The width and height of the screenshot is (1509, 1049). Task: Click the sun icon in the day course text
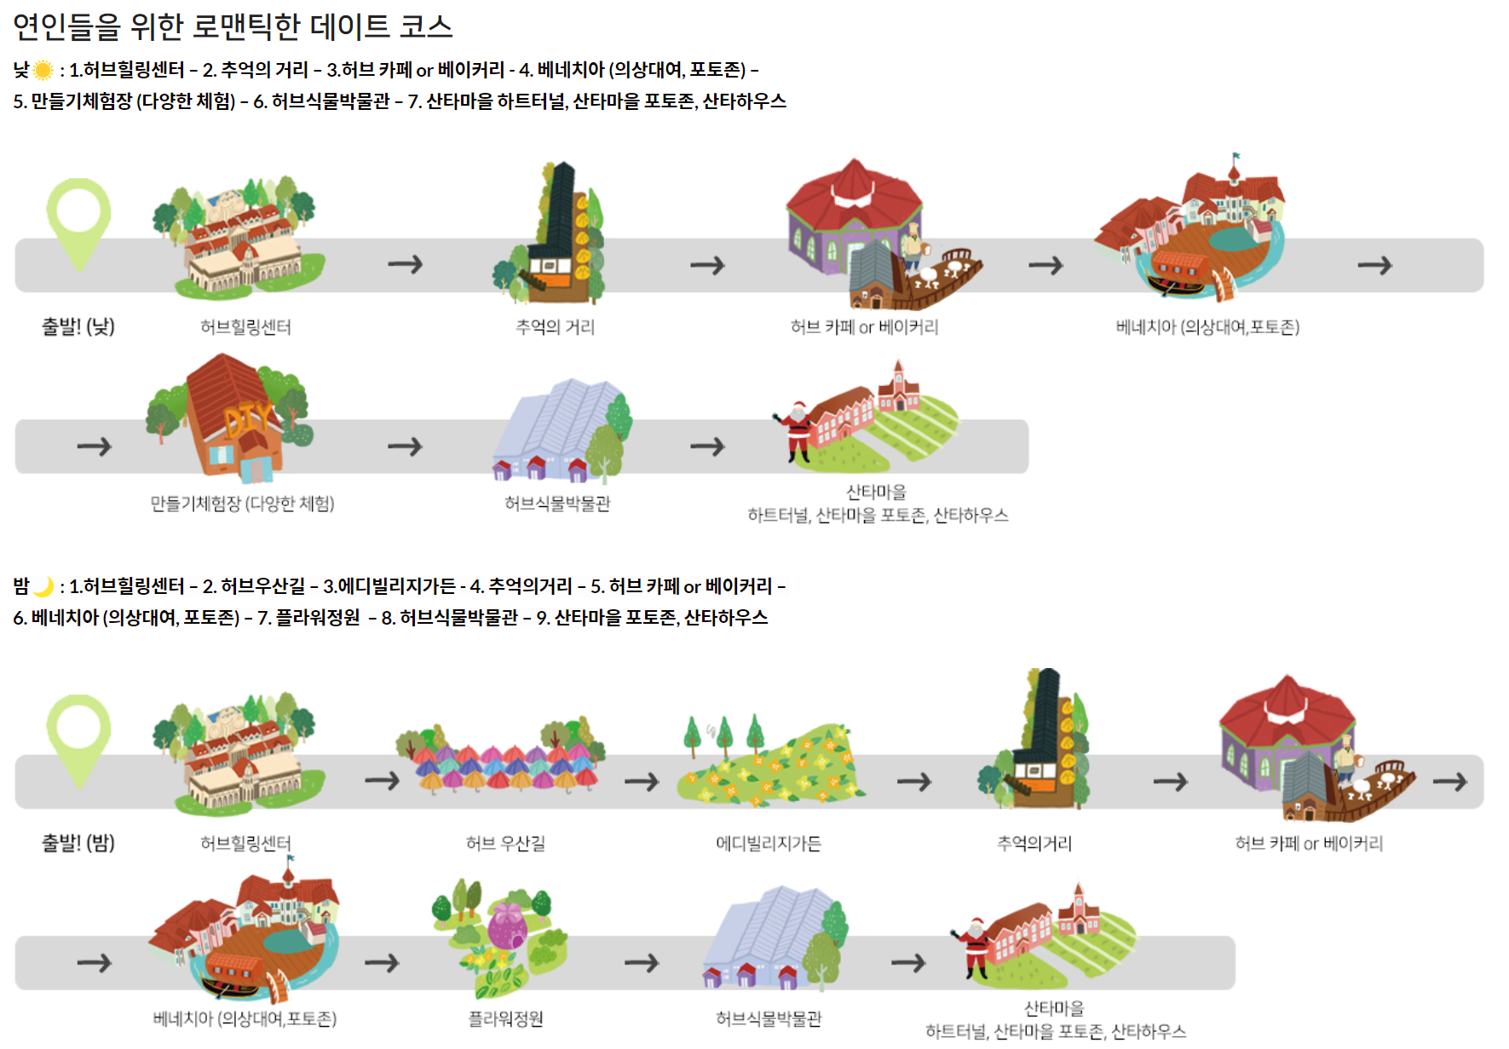click(43, 70)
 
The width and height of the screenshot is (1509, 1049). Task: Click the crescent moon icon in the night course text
click(43, 586)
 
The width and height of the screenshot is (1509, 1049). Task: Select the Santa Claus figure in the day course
click(796, 430)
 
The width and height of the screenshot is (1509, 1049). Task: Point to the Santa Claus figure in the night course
click(973, 947)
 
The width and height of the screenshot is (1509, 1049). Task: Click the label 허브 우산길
click(505, 844)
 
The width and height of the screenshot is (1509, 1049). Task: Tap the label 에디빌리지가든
click(769, 844)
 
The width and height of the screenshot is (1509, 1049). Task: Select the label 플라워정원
click(505, 1019)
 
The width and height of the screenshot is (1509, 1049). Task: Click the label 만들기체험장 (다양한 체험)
click(242, 504)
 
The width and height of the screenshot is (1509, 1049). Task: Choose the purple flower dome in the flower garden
click(508, 925)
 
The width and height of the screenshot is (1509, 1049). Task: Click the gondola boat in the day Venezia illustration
click(1176, 283)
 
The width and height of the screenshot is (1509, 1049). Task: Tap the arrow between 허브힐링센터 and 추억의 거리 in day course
click(406, 264)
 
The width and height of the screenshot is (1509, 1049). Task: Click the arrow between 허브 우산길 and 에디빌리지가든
click(642, 781)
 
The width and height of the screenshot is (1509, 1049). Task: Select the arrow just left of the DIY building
click(94, 446)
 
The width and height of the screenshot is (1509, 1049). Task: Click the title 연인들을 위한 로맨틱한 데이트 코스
click(233, 26)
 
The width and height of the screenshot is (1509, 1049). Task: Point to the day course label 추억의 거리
click(555, 327)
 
